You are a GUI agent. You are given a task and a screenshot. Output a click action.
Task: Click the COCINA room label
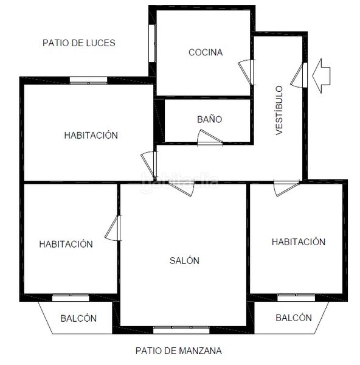[206, 52]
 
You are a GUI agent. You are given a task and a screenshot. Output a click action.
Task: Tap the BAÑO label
[209, 119]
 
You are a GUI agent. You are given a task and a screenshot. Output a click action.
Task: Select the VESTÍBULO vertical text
[279, 110]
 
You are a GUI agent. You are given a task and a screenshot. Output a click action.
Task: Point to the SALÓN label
[184, 260]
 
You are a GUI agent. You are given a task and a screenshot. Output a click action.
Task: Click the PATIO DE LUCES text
[79, 43]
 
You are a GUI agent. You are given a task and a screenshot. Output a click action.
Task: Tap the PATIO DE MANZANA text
[179, 350]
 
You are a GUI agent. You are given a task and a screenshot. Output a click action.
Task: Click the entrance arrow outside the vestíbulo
[321, 76]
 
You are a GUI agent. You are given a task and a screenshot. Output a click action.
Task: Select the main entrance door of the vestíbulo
[299, 75]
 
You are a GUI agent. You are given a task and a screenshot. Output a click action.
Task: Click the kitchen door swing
[246, 72]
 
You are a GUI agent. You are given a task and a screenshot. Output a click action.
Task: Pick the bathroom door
[210, 138]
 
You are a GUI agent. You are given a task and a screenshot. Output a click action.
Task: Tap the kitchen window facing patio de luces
[153, 43]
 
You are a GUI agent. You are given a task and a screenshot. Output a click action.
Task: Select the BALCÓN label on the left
[78, 318]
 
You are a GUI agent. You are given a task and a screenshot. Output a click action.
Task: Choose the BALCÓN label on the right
[294, 318]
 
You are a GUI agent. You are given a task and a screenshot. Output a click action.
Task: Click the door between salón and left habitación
[113, 228]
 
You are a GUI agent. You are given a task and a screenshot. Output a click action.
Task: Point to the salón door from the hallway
[182, 188]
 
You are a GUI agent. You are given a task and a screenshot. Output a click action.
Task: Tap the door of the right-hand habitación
[286, 188]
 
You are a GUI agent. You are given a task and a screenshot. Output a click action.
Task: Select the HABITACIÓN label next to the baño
[91, 135]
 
